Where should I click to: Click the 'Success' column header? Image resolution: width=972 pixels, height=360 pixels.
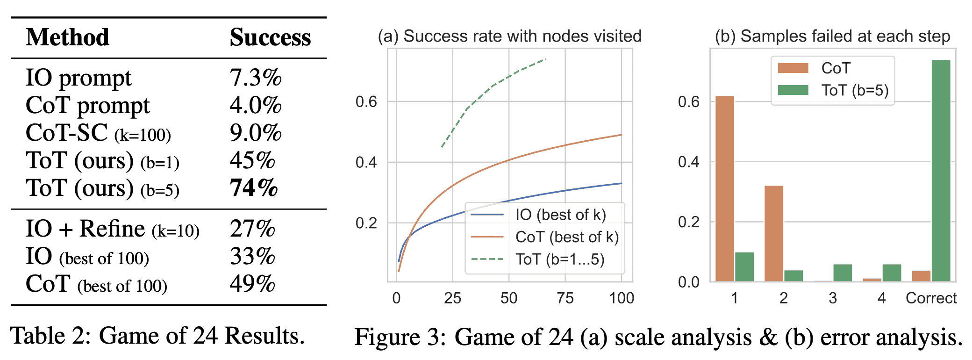click(270, 37)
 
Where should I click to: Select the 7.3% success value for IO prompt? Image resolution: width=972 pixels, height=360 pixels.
click(255, 78)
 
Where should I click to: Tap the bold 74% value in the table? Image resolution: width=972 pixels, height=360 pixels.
click(253, 188)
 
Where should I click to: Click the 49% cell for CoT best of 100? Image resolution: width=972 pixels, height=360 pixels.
click(252, 284)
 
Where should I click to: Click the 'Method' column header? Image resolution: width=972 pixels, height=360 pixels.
click(68, 37)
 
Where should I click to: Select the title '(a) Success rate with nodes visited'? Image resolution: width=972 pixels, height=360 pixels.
click(509, 36)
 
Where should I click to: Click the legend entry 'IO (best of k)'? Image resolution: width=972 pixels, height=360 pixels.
click(560, 215)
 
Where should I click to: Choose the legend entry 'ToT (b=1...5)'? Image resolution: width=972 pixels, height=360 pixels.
click(559, 259)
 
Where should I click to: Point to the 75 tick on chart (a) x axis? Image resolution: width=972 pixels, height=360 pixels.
click(565, 298)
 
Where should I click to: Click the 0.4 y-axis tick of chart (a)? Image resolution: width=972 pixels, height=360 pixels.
click(366, 163)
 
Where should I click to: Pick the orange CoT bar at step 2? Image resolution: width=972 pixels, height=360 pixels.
click(774, 233)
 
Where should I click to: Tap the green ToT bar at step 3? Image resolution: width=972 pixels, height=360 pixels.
click(843, 273)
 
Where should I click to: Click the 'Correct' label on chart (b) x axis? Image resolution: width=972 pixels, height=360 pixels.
click(931, 298)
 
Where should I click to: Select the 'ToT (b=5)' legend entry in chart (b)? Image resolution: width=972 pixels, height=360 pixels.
click(855, 90)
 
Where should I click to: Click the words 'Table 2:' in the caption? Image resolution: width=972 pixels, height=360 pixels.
click(51, 336)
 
